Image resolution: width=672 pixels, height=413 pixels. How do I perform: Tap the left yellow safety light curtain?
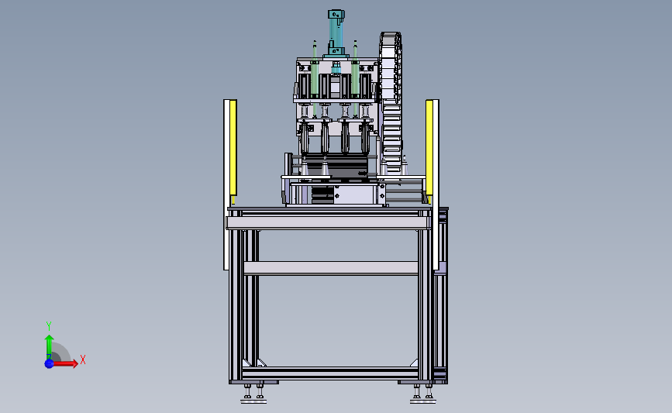[233, 150]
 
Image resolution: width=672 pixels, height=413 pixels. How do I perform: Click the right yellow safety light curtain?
[429, 150]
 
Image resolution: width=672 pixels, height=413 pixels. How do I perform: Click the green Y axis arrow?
[50, 347]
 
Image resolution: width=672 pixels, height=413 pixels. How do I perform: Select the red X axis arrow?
[64, 363]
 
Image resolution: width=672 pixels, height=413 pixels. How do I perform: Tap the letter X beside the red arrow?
[83, 360]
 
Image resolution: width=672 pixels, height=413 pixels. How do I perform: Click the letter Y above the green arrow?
[49, 326]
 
